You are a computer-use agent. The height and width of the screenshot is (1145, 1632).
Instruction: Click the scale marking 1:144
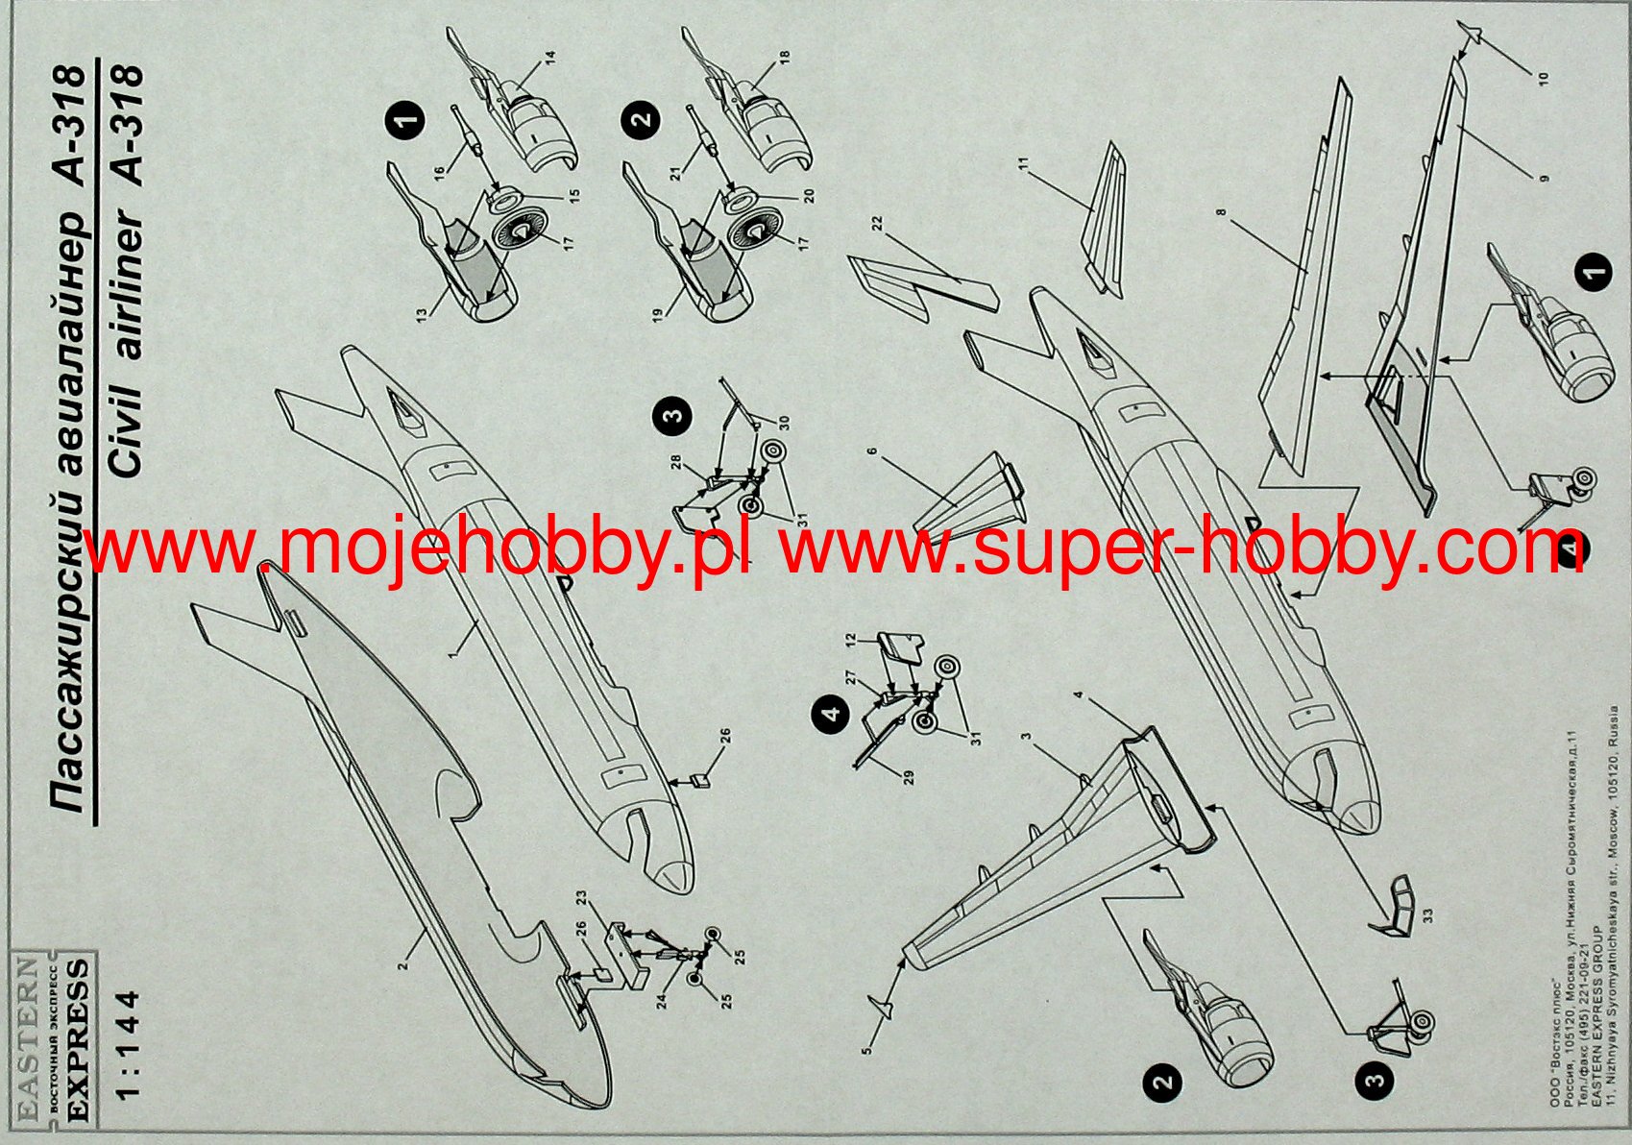point(128,1043)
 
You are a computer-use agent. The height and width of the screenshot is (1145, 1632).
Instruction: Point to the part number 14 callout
point(550,59)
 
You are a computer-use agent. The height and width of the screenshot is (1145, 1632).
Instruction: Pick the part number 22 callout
point(877,223)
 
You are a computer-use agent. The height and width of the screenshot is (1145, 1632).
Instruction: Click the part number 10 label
point(1543,77)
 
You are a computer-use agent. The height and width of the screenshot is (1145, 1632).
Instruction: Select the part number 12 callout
point(849,639)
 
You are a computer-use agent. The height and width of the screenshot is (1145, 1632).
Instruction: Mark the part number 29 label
point(908,775)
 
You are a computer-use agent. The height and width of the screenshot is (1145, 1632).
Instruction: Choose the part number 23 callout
point(581,898)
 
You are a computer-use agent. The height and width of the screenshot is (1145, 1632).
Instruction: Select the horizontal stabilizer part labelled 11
point(1105,221)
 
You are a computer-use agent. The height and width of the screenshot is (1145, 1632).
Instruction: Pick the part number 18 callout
point(785,59)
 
